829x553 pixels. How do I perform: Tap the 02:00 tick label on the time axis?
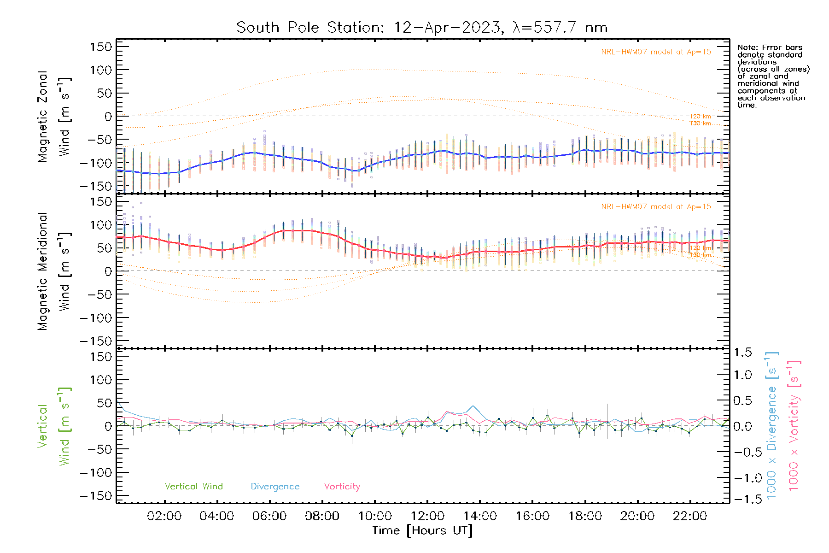(x=164, y=516)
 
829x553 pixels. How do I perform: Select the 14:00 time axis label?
(x=480, y=516)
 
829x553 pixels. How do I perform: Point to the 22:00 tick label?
(x=690, y=516)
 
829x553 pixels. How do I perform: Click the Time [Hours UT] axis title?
(x=422, y=530)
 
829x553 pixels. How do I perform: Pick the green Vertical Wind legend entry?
(x=193, y=487)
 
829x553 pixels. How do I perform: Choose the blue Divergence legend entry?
(x=275, y=487)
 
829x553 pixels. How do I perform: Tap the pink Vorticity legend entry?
(x=342, y=487)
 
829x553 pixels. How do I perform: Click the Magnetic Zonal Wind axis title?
(x=54, y=117)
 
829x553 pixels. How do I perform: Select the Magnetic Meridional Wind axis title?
(x=54, y=271)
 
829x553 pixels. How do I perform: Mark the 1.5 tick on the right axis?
(x=742, y=353)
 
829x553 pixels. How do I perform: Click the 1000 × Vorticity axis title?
(x=794, y=426)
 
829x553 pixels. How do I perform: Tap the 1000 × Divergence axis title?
(x=772, y=426)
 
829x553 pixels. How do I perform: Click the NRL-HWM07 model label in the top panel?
(x=656, y=52)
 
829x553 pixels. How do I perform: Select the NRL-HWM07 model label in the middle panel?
(x=656, y=207)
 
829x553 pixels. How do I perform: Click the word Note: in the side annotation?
(x=747, y=47)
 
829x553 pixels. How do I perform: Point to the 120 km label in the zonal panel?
(x=700, y=117)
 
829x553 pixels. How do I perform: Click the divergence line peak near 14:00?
(x=473, y=406)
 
